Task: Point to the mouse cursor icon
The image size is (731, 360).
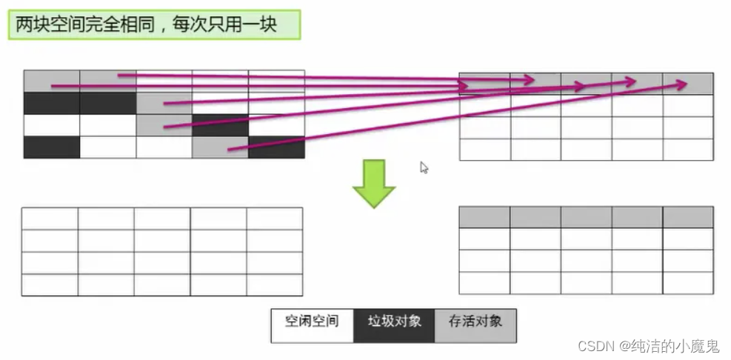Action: click(x=424, y=167)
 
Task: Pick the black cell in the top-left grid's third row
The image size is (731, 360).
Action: click(x=220, y=125)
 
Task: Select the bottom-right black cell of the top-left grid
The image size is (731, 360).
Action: click(x=276, y=147)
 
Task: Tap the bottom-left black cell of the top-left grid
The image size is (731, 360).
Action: click(x=51, y=147)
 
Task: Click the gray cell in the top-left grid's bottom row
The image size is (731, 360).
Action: click(x=220, y=147)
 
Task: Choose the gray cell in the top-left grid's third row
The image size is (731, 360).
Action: click(x=164, y=125)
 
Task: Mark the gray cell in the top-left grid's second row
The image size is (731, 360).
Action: click(x=164, y=103)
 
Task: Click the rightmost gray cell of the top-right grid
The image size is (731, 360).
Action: click(x=688, y=83)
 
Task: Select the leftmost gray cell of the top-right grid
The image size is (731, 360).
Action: click(x=484, y=83)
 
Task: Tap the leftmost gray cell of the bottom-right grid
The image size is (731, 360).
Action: click(x=484, y=217)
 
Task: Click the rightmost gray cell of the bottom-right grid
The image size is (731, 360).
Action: click(x=688, y=217)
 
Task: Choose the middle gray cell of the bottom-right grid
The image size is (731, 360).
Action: click(x=586, y=217)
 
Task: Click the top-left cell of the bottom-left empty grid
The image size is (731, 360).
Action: click(x=50, y=219)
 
